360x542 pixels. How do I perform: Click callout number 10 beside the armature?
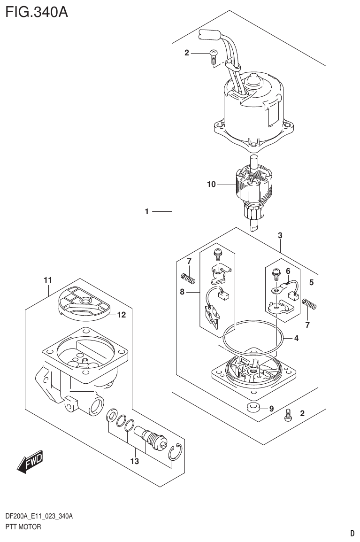tap(211, 185)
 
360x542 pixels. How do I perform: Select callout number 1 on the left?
tap(147, 212)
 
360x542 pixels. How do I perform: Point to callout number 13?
tap(135, 461)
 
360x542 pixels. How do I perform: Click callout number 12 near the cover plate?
tap(122, 315)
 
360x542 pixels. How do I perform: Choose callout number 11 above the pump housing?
tap(47, 280)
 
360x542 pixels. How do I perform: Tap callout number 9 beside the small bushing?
tap(270, 409)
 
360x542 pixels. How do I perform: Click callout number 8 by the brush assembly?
tap(183, 292)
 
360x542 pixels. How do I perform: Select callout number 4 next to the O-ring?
tap(296, 338)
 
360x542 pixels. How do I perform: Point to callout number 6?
tap(288, 271)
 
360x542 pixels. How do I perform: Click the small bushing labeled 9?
tap(253, 407)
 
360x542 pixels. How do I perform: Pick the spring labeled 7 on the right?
tap(310, 304)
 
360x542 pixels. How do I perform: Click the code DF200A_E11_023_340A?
tap(39, 517)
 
